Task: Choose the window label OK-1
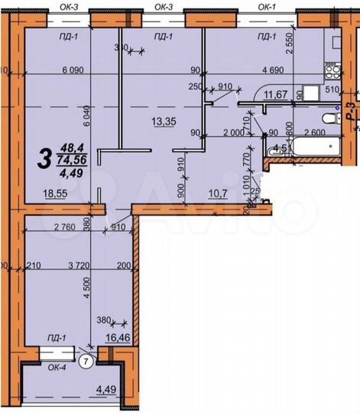[x=267, y=6]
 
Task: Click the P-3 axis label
[x=350, y=112]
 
